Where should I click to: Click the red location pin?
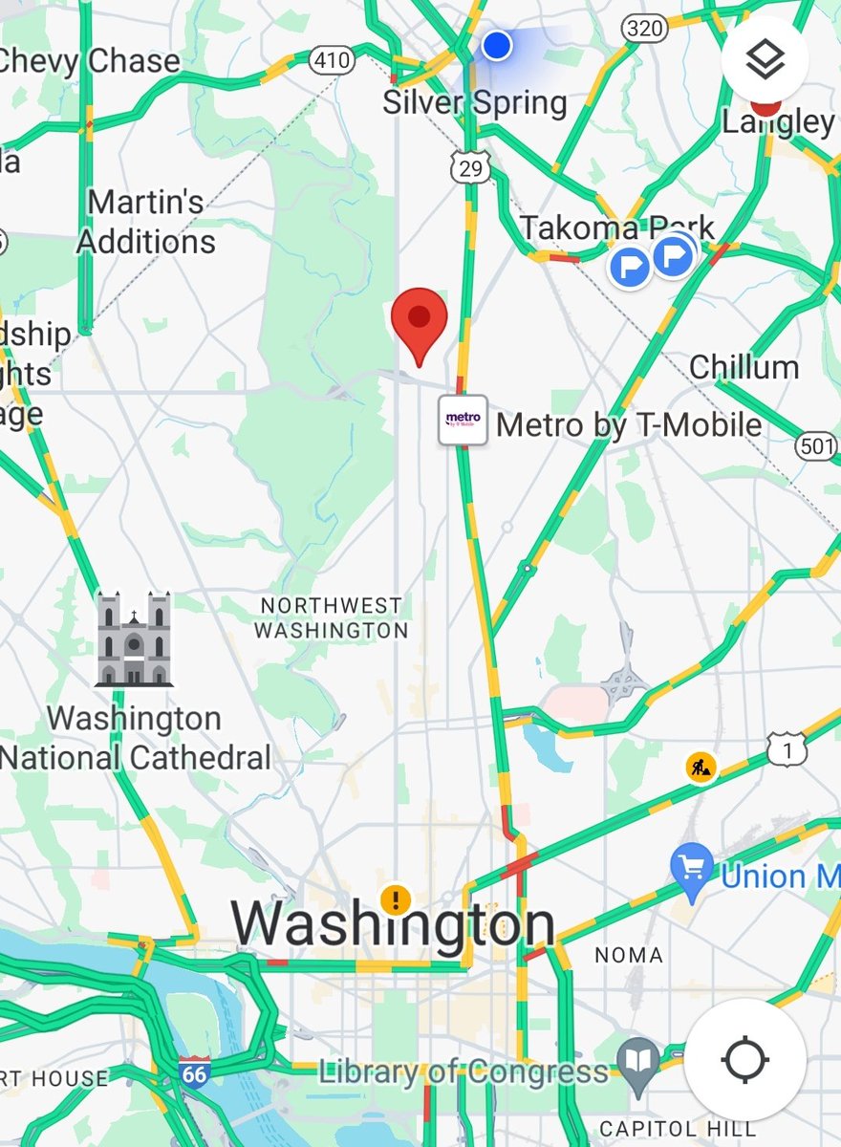click(420, 319)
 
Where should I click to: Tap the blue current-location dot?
click(496, 45)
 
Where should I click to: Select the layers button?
click(765, 61)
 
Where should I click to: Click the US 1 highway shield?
click(787, 751)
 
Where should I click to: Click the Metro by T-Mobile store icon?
click(463, 420)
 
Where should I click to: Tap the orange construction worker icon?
click(701, 767)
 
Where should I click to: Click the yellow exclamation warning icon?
click(395, 899)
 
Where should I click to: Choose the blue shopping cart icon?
click(692, 867)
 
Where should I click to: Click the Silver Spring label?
click(475, 102)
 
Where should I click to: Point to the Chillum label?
click(744, 367)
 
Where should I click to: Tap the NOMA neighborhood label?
click(628, 955)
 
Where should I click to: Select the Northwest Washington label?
click(332, 617)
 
